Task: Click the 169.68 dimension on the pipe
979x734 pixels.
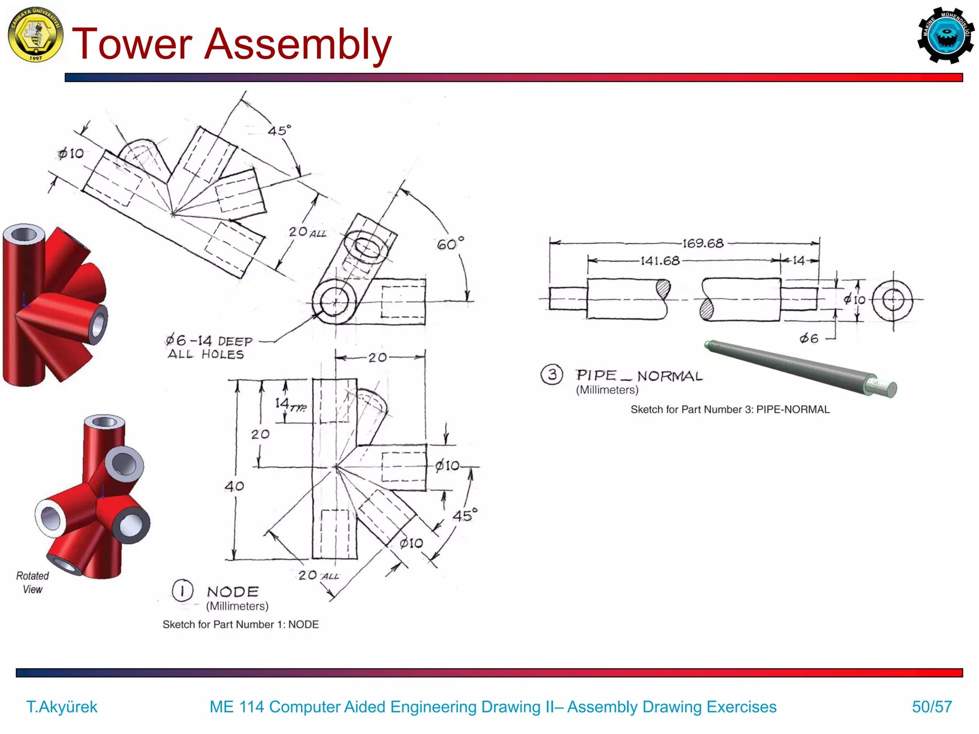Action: pos(703,243)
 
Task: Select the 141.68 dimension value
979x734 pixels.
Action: pos(660,261)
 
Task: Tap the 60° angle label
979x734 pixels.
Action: pos(450,244)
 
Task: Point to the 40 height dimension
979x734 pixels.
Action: pos(234,486)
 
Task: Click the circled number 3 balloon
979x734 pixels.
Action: pos(552,374)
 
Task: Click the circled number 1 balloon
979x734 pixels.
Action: pos(182,591)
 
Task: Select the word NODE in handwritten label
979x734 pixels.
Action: pos(233,592)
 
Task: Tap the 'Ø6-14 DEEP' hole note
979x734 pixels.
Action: pos(209,341)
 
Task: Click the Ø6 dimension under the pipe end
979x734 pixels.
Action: pos(809,339)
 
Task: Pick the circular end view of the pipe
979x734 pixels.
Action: pos(892,301)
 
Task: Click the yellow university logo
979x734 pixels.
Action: pos(36,35)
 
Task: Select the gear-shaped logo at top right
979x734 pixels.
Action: pos(945,35)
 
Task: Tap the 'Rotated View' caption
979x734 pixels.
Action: pos(33,582)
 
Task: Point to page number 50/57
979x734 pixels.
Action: pos(932,706)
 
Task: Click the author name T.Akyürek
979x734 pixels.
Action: pos(62,706)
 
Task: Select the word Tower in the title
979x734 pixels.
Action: pos(132,44)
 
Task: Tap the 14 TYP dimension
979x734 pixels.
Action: pos(290,405)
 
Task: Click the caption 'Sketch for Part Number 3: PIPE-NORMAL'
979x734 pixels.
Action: pos(729,410)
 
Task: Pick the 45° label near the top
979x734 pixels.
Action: pos(279,130)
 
